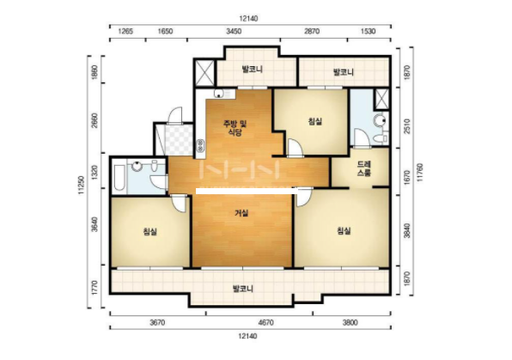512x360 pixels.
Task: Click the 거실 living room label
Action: (241, 213)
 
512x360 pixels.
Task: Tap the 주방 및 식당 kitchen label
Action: (235, 128)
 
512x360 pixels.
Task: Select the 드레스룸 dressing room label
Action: (363, 168)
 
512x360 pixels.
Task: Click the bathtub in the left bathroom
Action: (119, 178)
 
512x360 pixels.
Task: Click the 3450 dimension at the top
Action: (234, 32)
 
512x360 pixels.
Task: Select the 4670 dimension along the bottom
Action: (265, 323)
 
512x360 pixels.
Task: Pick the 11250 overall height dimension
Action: (81, 185)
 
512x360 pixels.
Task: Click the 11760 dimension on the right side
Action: (420, 172)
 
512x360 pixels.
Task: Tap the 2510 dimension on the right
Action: (407, 126)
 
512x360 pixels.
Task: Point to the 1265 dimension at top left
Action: (125, 32)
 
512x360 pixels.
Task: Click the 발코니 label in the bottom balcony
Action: (242, 289)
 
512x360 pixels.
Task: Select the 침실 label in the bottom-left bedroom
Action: (150, 232)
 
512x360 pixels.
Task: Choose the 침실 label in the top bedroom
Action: (315, 121)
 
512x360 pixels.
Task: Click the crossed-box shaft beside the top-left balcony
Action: (204, 72)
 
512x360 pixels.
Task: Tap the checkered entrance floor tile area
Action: (179, 140)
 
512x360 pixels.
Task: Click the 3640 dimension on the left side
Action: (94, 224)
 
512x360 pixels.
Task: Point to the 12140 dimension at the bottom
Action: (247, 336)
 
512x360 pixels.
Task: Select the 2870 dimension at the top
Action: (312, 32)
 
